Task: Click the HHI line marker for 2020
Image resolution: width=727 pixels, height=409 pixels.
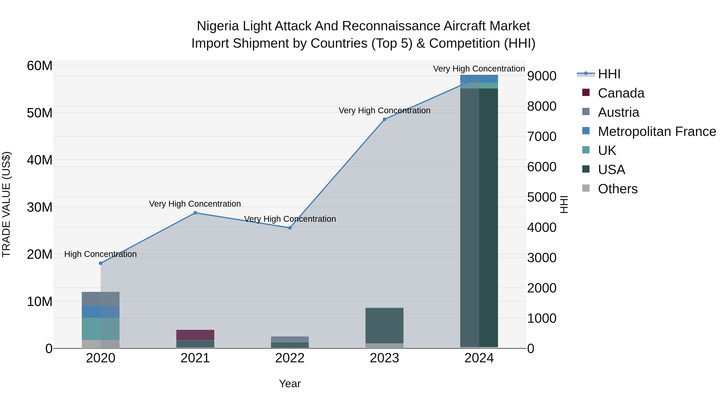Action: click(101, 263)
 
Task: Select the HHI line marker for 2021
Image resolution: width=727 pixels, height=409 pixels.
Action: click(195, 213)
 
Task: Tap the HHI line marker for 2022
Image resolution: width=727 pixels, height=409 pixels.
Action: click(290, 228)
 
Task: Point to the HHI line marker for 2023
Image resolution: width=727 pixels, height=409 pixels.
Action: click(384, 119)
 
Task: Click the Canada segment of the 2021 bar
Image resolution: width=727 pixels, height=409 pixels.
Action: click(195, 335)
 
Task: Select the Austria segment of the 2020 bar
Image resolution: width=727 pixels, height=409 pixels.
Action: click(101, 299)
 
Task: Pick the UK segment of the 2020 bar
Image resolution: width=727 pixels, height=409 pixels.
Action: click(101, 329)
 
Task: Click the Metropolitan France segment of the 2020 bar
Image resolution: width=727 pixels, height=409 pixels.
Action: click(101, 312)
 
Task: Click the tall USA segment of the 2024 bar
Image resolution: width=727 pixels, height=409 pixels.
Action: click(479, 217)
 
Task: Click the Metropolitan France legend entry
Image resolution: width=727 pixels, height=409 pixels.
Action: click(657, 131)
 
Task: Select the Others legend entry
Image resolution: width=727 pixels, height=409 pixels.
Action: click(618, 189)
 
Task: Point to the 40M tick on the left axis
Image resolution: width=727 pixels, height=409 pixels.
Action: click(40, 160)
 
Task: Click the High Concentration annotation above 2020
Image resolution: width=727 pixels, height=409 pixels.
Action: click(101, 254)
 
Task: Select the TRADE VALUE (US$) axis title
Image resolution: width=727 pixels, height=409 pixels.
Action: click(6, 204)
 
